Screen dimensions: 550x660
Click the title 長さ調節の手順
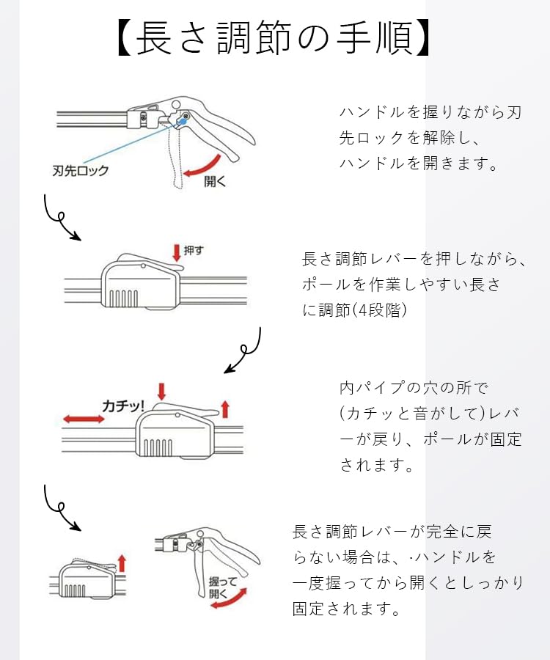pyautogui.click(x=274, y=38)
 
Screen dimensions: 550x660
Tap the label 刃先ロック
pyautogui.click(x=81, y=170)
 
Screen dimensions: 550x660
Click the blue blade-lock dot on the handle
pyautogui.click(x=182, y=121)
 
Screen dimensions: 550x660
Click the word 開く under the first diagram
pyautogui.click(x=215, y=181)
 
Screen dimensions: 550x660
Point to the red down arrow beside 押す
pyautogui.click(x=177, y=253)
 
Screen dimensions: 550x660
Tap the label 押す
pyautogui.click(x=194, y=251)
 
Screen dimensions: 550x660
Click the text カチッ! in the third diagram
pyautogui.click(x=123, y=406)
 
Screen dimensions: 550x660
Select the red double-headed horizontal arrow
pyautogui.click(x=84, y=419)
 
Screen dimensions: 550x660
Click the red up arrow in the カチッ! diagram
pyautogui.click(x=225, y=409)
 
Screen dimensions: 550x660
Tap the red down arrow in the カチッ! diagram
pyautogui.click(x=161, y=392)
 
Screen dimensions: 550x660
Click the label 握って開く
pyautogui.click(x=223, y=587)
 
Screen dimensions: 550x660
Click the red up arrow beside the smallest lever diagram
pyautogui.click(x=122, y=563)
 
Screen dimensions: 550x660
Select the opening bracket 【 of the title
pyautogui.click(x=125, y=39)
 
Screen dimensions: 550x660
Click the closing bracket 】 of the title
pyautogui.click(x=422, y=39)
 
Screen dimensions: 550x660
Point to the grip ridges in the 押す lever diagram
pyautogui.click(x=124, y=298)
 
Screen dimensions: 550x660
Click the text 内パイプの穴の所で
pyautogui.click(x=414, y=388)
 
